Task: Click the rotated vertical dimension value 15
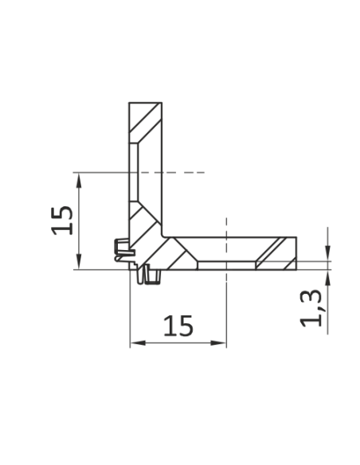click(x=62, y=221)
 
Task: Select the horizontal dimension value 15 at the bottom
click(x=178, y=326)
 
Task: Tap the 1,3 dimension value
click(x=311, y=308)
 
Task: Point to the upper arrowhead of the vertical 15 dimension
click(x=79, y=181)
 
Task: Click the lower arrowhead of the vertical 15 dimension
click(x=79, y=261)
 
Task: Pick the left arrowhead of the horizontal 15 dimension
click(x=139, y=343)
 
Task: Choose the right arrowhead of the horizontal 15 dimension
click(x=218, y=343)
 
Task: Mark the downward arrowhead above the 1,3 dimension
click(x=327, y=252)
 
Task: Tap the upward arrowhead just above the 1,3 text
click(x=327, y=278)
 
